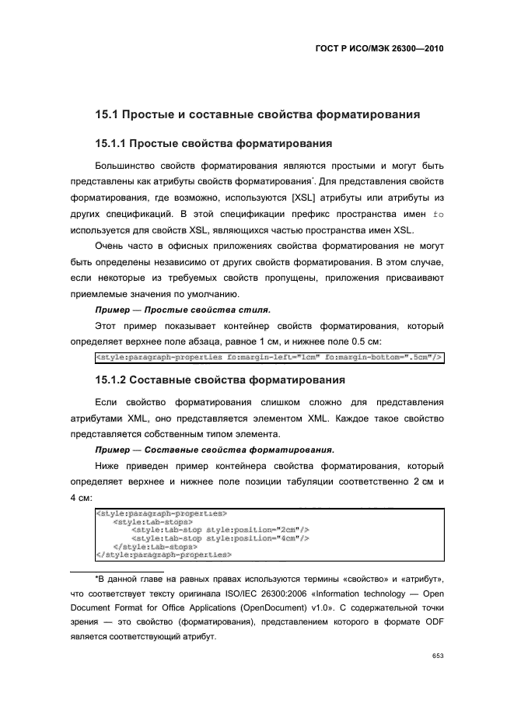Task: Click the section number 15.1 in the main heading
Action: point(106,115)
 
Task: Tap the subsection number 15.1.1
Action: point(110,144)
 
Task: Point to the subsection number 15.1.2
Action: point(110,380)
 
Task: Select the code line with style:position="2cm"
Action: point(221,529)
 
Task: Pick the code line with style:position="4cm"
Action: point(221,537)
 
